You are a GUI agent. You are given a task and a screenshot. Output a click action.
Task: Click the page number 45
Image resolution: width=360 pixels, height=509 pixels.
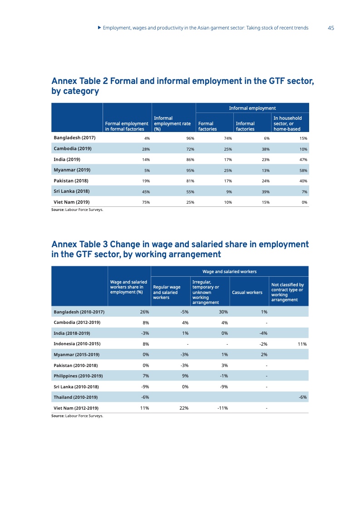pyautogui.click(x=330, y=28)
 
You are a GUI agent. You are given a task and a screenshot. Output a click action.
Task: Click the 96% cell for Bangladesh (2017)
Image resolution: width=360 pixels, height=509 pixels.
pyautogui.click(x=191, y=138)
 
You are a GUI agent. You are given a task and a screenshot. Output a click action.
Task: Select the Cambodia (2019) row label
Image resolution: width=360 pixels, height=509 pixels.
pyautogui.click(x=73, y=149)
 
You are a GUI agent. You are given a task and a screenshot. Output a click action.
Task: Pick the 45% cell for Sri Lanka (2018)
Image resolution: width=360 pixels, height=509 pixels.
pyautogui.click(x=146, y=192)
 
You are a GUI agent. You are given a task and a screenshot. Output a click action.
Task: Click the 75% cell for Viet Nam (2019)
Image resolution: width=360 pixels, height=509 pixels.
pyautogui.click(x=146, y=202)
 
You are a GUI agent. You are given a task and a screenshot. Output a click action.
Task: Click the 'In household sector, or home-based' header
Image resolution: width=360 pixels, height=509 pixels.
pyautogui.click(x=287, y=123)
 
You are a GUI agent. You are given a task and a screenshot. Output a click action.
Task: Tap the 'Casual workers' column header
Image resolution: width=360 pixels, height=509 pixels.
pyautogui.click(x=247, y=293)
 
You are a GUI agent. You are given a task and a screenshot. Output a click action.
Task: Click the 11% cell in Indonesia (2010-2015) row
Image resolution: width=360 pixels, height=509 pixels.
pyautogui.click(x=302, y=344)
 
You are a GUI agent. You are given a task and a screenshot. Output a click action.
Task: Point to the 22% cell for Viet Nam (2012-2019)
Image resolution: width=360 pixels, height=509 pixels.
pyautogui.click(x=184, y=408)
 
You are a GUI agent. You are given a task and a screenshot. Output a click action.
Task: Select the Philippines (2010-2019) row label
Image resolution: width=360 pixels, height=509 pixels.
pyautogui.click(x=78, y=376)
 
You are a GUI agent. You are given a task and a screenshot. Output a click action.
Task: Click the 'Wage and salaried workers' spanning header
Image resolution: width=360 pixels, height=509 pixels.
pyautogui.click(x=229, y=272)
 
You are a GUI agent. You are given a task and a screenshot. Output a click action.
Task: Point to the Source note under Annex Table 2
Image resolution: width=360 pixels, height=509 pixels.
pyautogui.click(x=77, y=210)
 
